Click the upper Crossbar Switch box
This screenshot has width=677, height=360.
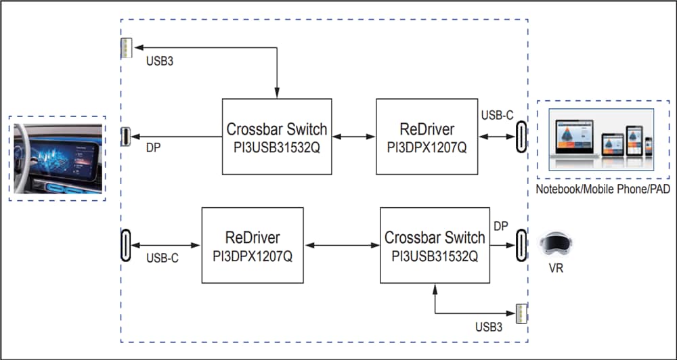277,137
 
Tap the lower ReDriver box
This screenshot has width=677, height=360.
253,246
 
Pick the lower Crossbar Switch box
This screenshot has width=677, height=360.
435,246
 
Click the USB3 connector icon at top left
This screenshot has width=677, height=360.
126,48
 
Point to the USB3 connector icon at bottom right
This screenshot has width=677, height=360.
521,314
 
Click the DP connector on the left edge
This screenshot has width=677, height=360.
126,137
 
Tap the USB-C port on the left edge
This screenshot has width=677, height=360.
126,244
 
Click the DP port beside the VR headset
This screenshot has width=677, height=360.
521,244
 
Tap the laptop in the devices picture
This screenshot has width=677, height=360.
573,139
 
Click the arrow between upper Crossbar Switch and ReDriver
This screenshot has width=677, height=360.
354,137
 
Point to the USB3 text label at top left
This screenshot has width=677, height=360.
159,62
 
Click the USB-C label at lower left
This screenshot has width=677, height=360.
162,258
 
